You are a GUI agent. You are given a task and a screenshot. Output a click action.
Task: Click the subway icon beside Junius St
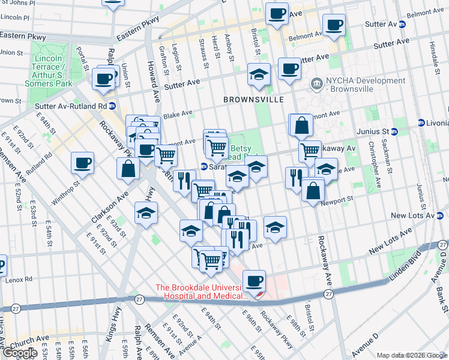(x=394, y=131)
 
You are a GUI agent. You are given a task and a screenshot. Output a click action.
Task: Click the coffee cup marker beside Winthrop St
(x=83, y=162)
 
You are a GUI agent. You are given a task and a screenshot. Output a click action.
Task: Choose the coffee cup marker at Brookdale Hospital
(x=255, y=280)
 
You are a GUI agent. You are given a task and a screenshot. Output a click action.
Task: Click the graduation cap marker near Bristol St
(x=259, y=74)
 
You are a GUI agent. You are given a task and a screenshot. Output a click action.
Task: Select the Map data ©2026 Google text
(x=411, y=355)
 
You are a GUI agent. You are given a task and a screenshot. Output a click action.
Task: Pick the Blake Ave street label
(x=178, y=113)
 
